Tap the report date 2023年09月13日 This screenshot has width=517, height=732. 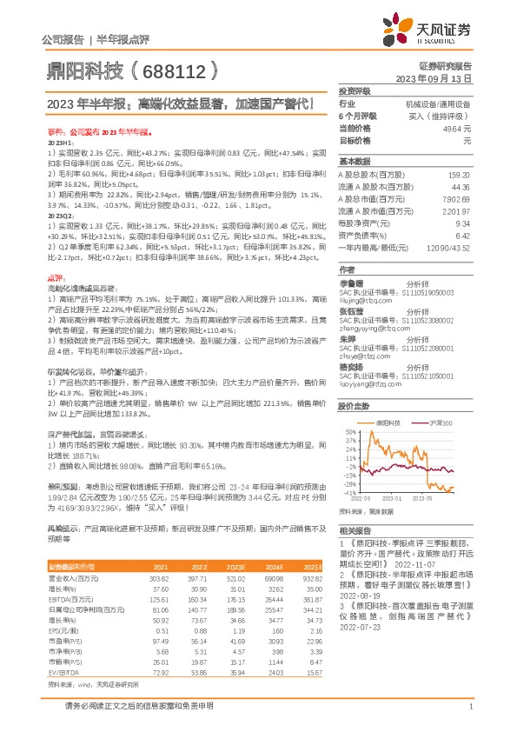pos(433,77)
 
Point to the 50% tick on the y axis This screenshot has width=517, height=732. pos(349,431)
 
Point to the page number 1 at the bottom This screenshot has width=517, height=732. pos(469,707)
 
